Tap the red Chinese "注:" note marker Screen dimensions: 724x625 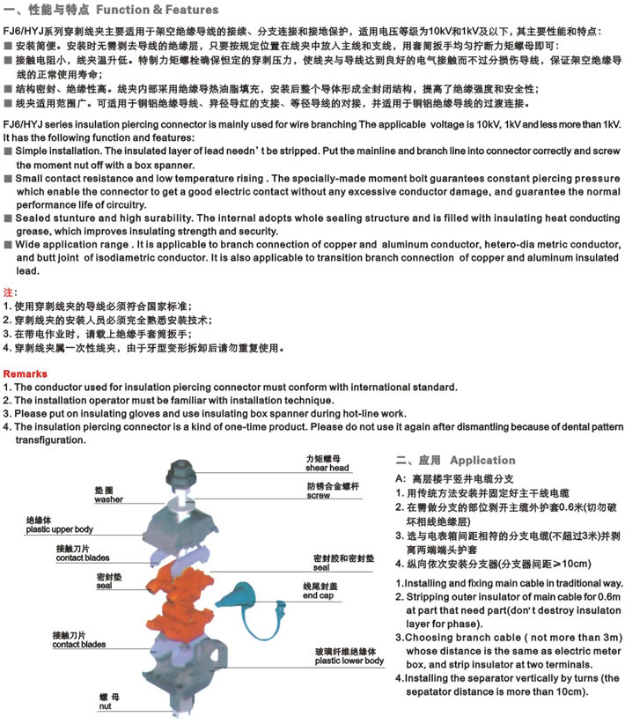coord(10,292)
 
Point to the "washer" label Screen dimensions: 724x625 coord(107,499)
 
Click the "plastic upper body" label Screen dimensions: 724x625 coord(58,529)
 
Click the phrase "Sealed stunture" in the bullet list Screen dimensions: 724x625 coord(58,216)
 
